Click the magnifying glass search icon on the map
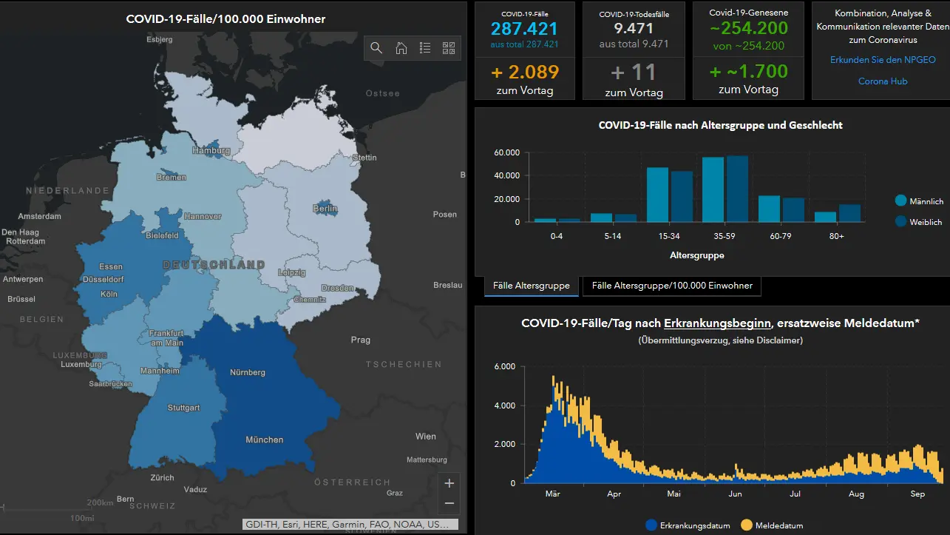(376, 48)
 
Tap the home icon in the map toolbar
(401, 48)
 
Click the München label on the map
(264, 440)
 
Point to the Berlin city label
(325, 209)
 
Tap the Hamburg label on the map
(211, 150)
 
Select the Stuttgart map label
(183, 408)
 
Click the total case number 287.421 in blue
(524, 29)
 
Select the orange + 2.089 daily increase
(525, 73)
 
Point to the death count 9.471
(634, 28)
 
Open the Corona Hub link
(883, 81)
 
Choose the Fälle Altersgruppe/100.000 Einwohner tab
(672, 286)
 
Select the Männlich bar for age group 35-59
(713, 189)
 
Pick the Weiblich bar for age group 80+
(850, 213)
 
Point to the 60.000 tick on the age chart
(507, 152)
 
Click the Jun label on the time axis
(735, 494)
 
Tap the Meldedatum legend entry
(772, 525)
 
